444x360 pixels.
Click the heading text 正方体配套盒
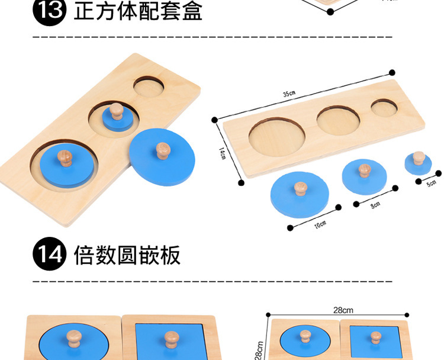point(138,11)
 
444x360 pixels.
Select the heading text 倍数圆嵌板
point(127,255)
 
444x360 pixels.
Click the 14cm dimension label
point(223,154)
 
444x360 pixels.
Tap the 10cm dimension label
point(320,224)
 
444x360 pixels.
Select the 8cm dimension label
point(376,204)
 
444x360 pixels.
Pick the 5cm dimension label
point(432,182)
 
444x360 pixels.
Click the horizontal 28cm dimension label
point(343,310)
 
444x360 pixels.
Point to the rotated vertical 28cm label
point(259,348)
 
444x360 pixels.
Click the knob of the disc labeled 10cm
point(300,188)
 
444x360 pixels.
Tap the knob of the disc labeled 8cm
point(364,171)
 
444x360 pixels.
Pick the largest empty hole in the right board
point(278,134)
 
